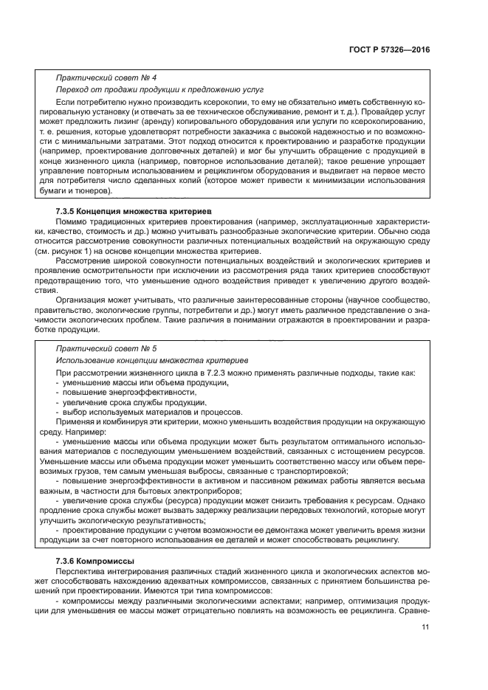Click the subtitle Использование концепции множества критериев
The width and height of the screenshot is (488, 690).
click(151, 359)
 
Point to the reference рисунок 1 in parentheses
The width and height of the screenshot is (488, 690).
click(78, 252)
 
